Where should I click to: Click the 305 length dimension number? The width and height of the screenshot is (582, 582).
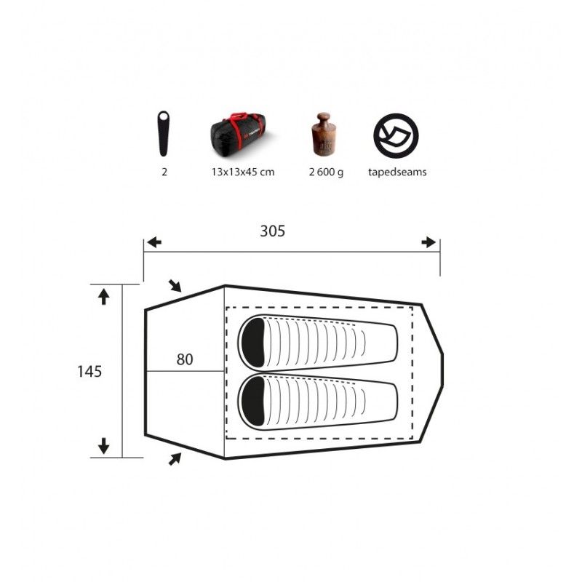pos(272,231)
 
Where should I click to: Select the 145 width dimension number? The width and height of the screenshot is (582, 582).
pos(89,371)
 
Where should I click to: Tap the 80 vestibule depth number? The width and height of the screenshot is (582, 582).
pos(185,359)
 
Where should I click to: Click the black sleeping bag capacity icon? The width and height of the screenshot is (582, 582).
pos(163,134)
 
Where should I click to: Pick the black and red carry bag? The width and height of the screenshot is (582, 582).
pos(238,132)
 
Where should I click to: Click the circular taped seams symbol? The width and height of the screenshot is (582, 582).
pos(396,135)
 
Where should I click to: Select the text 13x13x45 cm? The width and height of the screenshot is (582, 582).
pos(243,172)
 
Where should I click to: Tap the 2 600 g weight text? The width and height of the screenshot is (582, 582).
pos(326,172)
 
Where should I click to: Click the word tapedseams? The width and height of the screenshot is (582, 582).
pos(397,172)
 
